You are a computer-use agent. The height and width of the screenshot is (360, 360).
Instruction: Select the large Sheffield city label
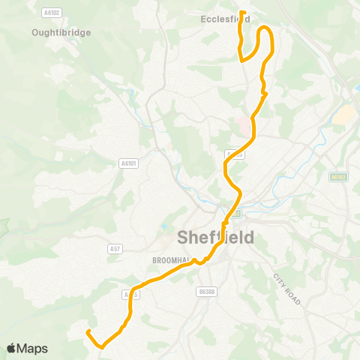pyautogui.click(x=215, y=238)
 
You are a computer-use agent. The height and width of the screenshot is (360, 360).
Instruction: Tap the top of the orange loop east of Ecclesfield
pyautogui.click(x=265, y=28)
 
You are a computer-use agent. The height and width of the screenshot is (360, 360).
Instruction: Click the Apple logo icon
pyautogui.click(x=11, y=348)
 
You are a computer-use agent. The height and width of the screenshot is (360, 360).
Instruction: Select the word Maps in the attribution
pyautogui.click(x=32, y=348)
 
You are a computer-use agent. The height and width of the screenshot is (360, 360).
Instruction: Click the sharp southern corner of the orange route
pyautogui.click(x=100, y=346)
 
